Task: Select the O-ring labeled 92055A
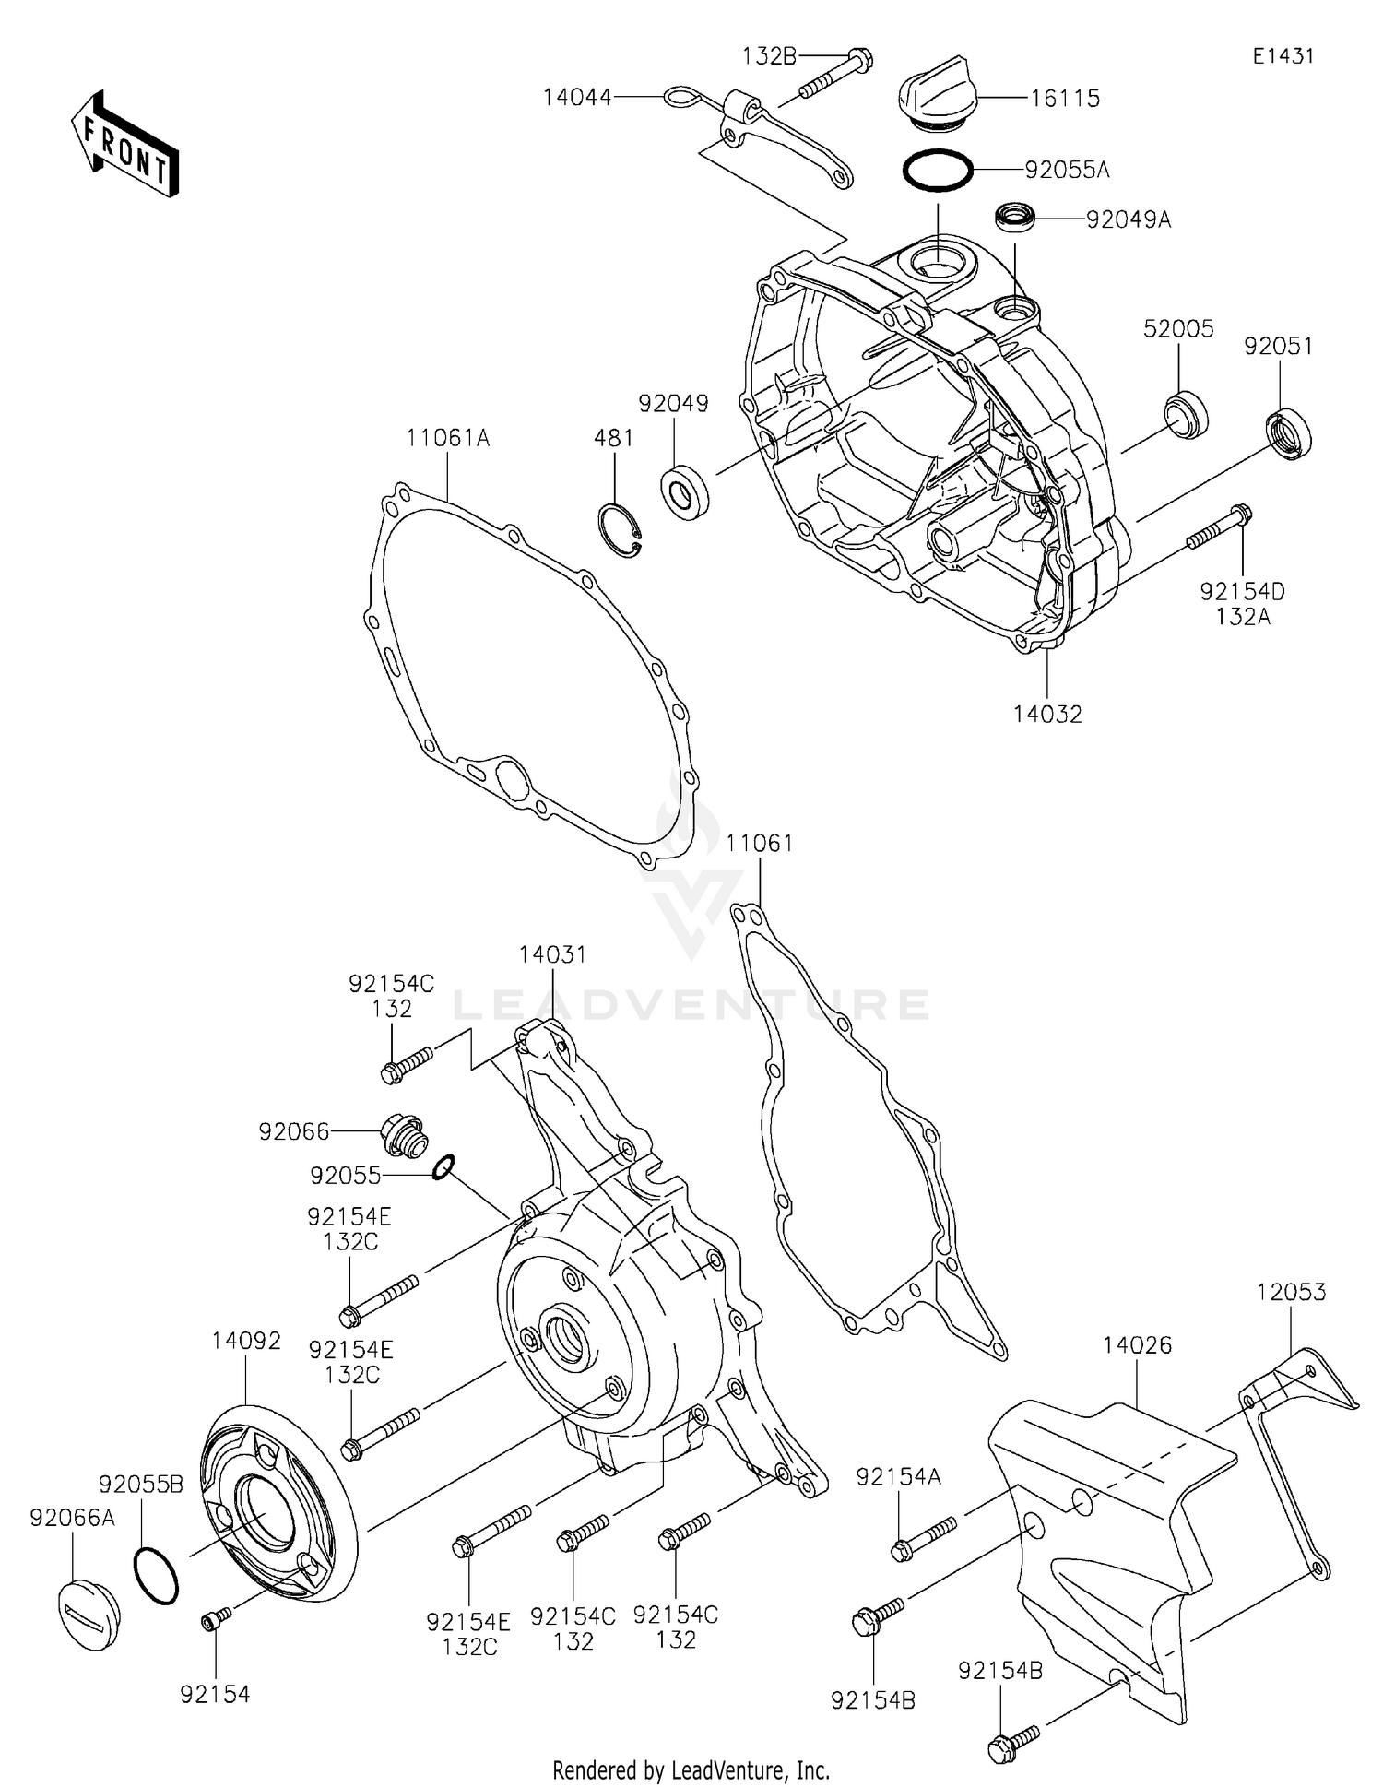point(937,171)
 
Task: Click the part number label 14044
point(577,97)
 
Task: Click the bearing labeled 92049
point(686,493)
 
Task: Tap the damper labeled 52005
point(1185,413)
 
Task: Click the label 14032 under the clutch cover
point(1047,714)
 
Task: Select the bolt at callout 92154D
point(1217,529)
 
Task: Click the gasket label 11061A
point(448,438)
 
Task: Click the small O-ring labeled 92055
point(443,1168)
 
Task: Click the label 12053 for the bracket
point(1291,1292)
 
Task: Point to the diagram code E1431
point(1283,56)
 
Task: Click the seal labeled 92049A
point(1014,219)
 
